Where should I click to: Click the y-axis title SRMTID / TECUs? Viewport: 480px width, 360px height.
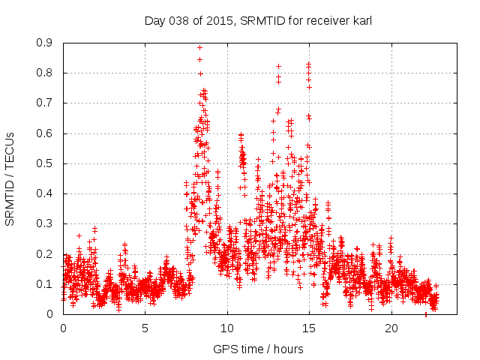(x=10, y=178)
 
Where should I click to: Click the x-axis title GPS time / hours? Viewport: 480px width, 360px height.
(x=258, y=349)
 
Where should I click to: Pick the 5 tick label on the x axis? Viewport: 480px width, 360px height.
(x=145, y=328)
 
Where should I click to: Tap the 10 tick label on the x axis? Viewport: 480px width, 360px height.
(x=226, y=328)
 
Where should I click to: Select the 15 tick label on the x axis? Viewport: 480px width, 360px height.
(x=309, y=328)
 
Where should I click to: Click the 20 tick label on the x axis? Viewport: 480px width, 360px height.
(x=391, y=328)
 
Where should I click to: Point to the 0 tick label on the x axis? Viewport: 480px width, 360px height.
(x=63, y=328)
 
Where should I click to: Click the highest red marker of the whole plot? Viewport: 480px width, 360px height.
(x=199, y=48)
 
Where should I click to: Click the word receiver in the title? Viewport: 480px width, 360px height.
(x=323, y=20)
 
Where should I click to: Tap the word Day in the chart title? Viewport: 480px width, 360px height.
(x=154, y=20)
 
